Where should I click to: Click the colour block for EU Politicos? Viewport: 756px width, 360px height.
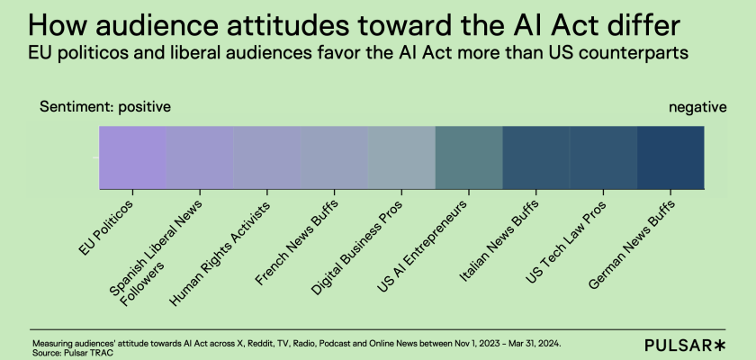(132, 157)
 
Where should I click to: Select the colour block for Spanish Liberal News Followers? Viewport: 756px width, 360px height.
(200, 157)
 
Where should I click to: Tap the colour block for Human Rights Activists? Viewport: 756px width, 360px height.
(267, 157)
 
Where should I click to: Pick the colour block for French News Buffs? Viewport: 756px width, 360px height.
(334, 157)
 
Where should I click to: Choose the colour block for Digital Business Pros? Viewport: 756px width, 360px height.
(401, 157)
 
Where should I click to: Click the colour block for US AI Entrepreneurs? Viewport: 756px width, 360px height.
(469, 157)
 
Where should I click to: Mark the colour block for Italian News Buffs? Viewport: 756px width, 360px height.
(535, 157)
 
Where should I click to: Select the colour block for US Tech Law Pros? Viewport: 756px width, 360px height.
(603, 157)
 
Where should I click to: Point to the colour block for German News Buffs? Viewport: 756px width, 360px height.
(670, 157)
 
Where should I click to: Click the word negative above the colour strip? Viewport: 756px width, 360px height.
(697, 107)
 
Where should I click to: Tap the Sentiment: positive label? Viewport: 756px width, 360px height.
(105, 107)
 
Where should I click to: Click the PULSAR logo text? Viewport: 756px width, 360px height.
(679, 345)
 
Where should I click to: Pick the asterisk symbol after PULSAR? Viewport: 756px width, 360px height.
(720, 344)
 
